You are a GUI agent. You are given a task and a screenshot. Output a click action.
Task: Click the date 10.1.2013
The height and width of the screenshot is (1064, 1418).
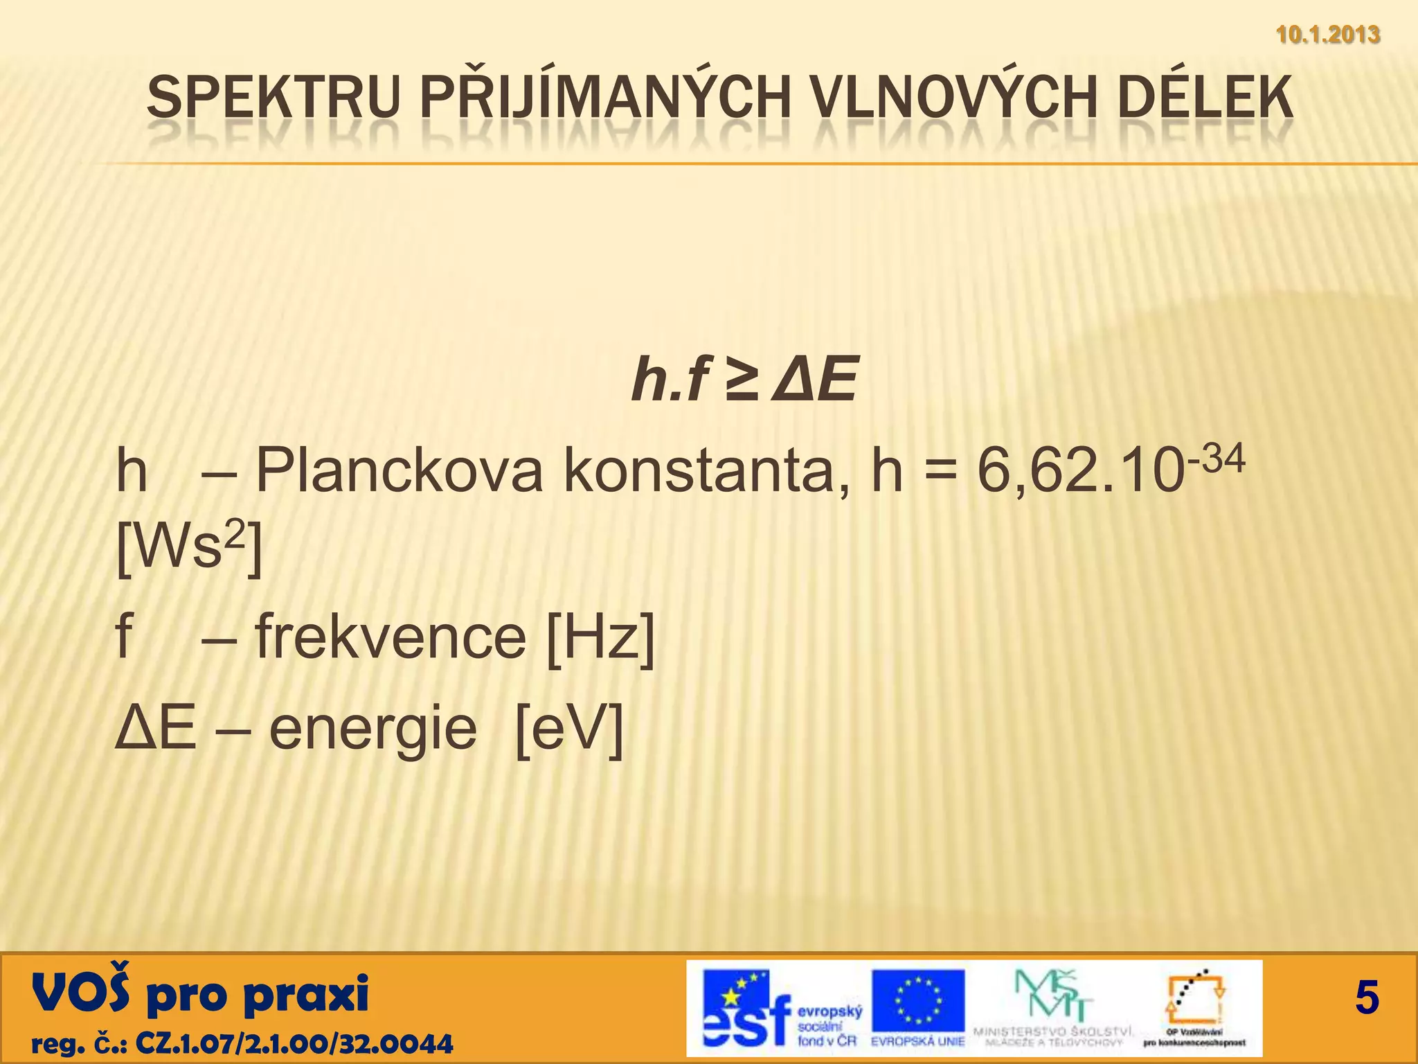(x=1327, y=34)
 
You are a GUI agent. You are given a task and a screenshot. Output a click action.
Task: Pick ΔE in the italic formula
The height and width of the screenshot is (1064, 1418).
(x=817, y=380)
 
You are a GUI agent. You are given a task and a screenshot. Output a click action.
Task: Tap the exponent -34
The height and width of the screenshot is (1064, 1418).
(x=1217, y=459)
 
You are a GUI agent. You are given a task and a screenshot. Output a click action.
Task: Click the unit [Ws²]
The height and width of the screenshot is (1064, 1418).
(x=188, y=548)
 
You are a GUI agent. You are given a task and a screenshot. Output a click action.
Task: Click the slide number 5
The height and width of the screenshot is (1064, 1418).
(x=1366, y=998)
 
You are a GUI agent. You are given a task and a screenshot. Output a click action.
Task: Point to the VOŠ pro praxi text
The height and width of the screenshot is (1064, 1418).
(x=200, y=993)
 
